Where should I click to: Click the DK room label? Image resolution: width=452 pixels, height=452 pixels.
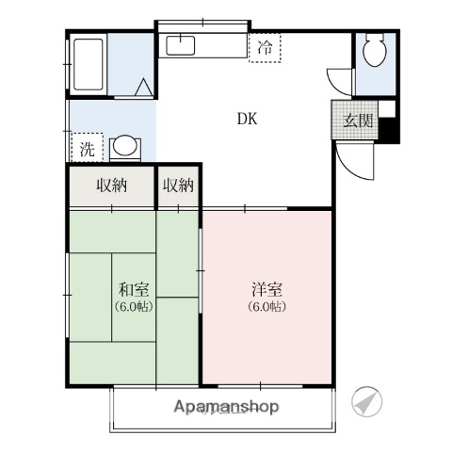(x=247, y=120)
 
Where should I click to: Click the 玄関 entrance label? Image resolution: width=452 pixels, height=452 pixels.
(x=356, y=120)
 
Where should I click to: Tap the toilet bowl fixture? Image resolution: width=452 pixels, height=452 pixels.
(x=374, y=51)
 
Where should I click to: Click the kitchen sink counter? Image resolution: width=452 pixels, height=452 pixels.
(x=179, y=44)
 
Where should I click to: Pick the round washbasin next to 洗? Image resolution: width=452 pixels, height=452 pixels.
(x=123, y=147)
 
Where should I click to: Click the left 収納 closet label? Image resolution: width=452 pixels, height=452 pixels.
(x=110, y=186)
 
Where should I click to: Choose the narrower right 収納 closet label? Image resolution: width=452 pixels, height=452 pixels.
(x=177, y=186)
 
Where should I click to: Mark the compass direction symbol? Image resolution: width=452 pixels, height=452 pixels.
(x=368, y=402)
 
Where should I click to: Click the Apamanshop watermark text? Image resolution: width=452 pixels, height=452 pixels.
(x=227, y=407)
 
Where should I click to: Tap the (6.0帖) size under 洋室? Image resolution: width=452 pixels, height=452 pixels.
(x=266, y=307)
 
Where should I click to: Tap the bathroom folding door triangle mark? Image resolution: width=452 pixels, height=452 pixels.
(x=143, y=89)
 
